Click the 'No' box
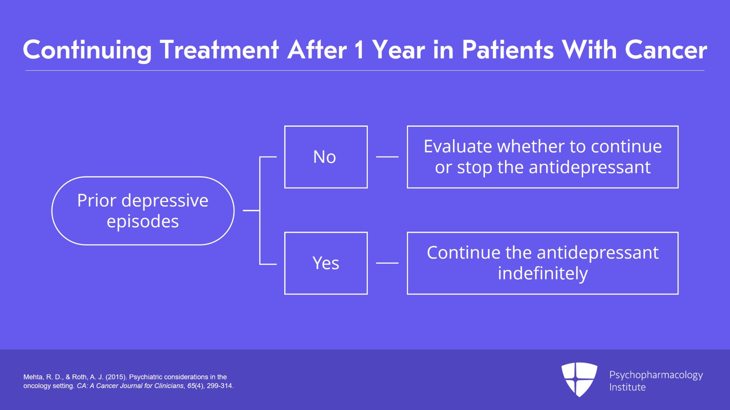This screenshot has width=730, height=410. coord(326,157)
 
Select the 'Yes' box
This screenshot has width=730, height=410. coord(326,263)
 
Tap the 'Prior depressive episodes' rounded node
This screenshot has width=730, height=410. coord(143,211)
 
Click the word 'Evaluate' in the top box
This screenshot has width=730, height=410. coord(458,146)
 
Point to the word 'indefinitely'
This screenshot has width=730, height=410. coord(542,274)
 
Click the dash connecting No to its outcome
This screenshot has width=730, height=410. coord(387,157)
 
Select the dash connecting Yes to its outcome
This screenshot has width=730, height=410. coord(387,263)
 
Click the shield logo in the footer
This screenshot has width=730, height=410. coord(579,379)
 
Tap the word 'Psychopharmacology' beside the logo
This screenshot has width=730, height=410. coord(656,375)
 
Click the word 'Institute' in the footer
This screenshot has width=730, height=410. coord(627,387)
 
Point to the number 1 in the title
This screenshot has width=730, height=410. coord(360,50)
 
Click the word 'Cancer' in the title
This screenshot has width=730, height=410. coord(666,50)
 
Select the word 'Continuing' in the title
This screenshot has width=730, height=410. coord(87,50)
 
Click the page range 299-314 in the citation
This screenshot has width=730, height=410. coord(219,386)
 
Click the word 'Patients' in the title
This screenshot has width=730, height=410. coord(508,50)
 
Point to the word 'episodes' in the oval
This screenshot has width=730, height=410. coord(143,222)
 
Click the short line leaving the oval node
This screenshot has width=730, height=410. coord(251,211)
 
